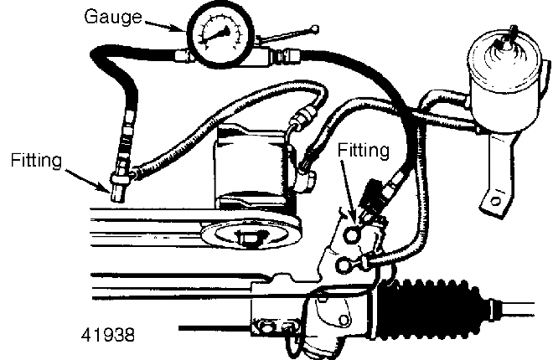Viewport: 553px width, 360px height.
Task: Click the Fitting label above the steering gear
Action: pos(364,152)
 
